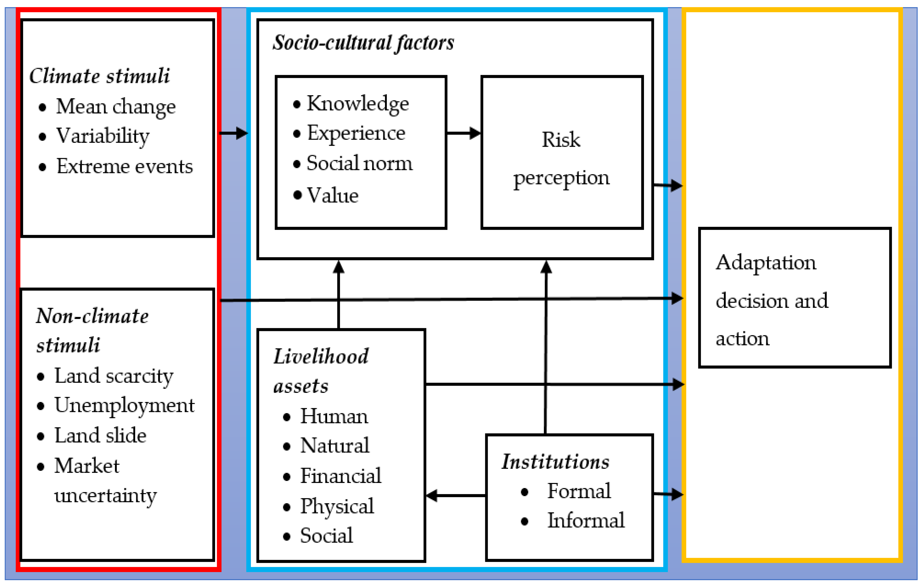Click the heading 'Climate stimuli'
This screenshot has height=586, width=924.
[99, 76]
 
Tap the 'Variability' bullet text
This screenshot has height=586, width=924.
[102, 136]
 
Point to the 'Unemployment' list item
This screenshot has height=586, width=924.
[124, 406]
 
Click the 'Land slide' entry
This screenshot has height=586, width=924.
[100, 436]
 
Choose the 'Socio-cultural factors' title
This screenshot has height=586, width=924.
[363, 43]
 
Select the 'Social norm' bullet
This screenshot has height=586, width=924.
[359, 164]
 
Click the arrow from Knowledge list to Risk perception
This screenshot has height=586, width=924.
[464, 133]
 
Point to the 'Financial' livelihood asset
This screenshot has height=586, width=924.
[340, 476]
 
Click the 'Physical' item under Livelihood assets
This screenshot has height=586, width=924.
[337, 506]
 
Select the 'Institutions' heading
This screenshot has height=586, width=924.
[555, 462]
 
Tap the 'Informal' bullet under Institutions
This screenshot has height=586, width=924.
[586, 521]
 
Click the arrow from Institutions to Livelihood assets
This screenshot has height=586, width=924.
[456, 495]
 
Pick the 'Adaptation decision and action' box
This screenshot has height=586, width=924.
[794, 298]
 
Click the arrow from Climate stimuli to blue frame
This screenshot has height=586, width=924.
[233, 133]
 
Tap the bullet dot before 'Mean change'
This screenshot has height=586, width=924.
[43, 107]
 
